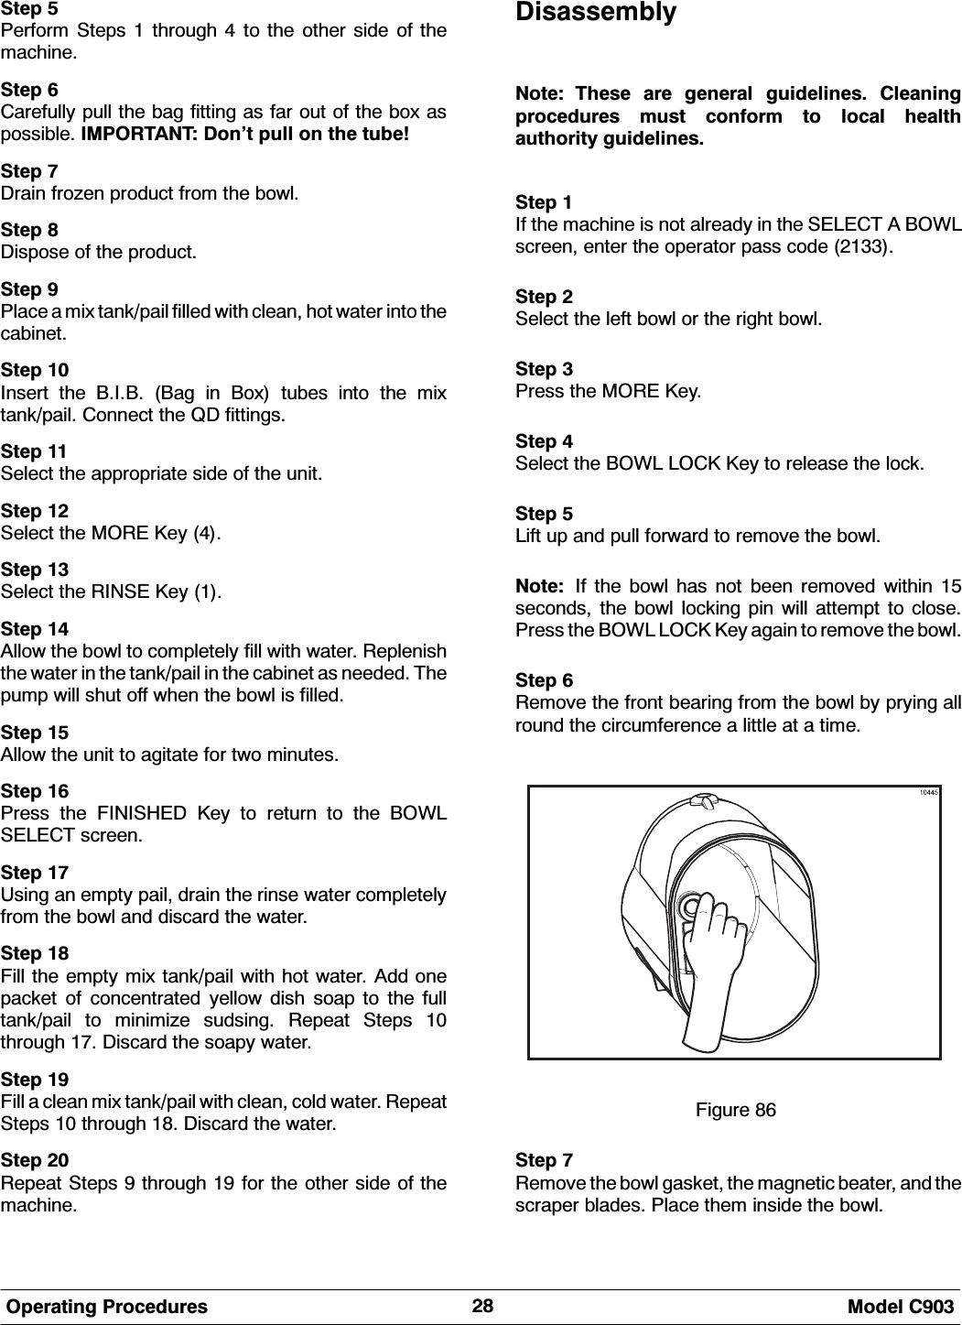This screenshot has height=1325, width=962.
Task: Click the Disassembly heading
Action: (x=596, y=14)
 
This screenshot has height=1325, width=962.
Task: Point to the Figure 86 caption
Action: (x=735, y=1111)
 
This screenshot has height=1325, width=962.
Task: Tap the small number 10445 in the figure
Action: (x=927, y=793)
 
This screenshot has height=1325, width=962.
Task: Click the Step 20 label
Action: (x=35, y=1161)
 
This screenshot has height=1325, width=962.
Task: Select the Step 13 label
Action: (x=35, y=570)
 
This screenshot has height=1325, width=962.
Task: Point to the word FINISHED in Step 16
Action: (x=150, y=813)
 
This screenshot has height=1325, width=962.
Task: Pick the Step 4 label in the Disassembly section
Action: (x=546, y=441)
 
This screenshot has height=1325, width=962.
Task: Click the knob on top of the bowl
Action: (x=704, y=802)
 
